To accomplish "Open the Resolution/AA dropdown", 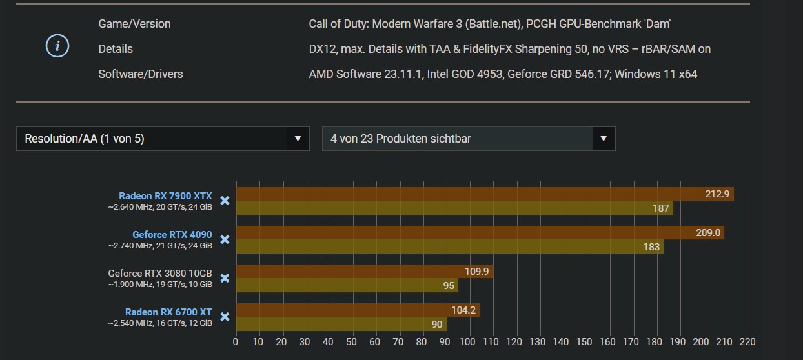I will coord(163,139).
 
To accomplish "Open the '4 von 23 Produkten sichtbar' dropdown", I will coord(468,139).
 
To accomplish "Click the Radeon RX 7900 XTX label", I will coord(165,196).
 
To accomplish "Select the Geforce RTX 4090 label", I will coord(172,235).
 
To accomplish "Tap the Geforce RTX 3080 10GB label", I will coord(160,274).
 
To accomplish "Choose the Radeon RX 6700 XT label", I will coord(168,312).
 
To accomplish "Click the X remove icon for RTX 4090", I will coord(225,239).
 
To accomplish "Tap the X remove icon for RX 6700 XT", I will coord(225,317).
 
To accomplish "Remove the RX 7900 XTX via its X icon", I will coord(225,201).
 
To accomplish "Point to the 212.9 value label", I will coord(717,194).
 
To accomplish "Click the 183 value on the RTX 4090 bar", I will coord(651,246).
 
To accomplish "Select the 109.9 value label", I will coord(477,272).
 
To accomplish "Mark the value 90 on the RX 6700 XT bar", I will coord(437,324).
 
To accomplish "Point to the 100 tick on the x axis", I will coord(468,342).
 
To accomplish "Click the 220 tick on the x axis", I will coord(747,342).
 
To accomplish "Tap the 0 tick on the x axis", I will coord(236,342).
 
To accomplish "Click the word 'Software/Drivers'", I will coord(141,74).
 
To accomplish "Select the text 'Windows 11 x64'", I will coord(656,74).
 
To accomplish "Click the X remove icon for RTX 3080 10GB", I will coord(225,278).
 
